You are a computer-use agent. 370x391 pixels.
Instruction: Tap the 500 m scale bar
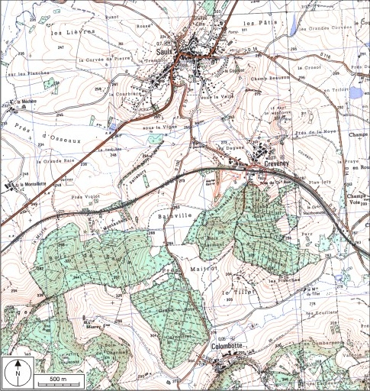coord(54,379)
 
